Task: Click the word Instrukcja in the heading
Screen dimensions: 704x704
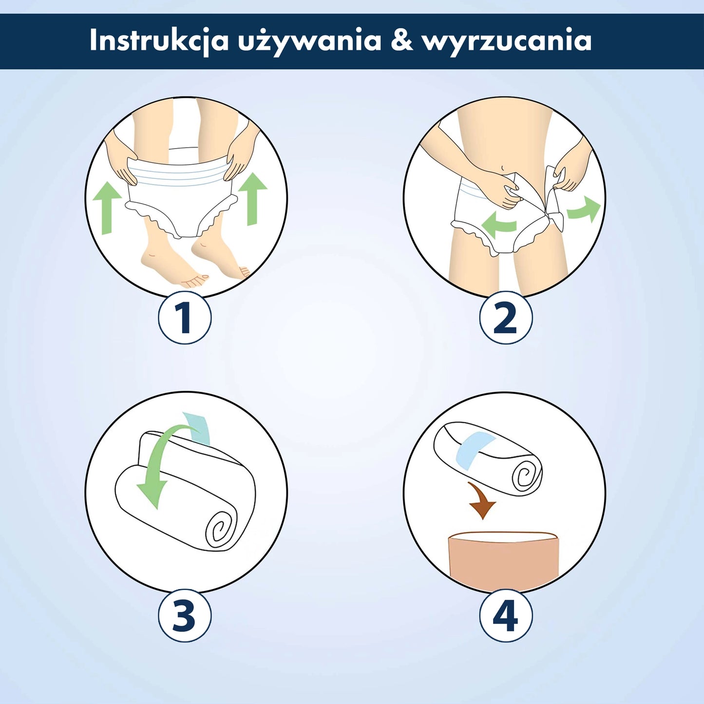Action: tap(159, 40)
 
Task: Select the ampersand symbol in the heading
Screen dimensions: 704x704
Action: tap(401, 40)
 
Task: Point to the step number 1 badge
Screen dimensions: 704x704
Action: tap(185, 318)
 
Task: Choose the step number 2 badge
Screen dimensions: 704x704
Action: tap(506, 318)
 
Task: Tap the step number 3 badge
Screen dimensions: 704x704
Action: tap(185, 616)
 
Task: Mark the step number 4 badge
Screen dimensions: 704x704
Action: tap(506, 616)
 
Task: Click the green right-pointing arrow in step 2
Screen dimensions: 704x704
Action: tap(585, 209)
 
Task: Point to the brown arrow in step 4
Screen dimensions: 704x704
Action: tap(481, 502)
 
